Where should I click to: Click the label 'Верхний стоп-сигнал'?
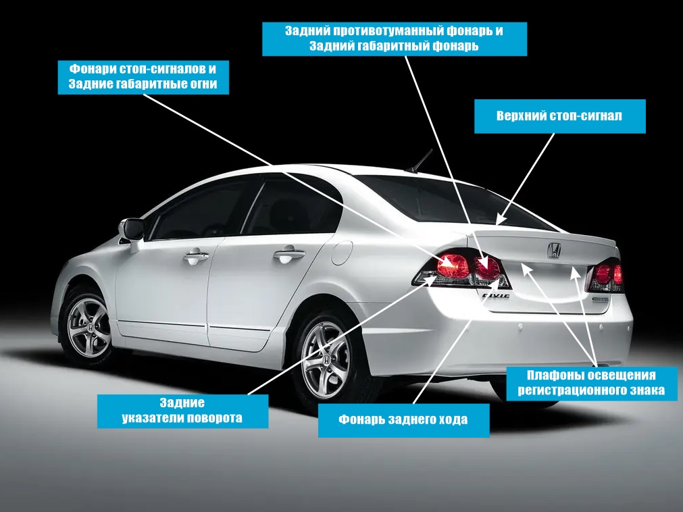560,116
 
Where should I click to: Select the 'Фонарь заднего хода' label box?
403,419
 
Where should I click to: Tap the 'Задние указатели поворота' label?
182,411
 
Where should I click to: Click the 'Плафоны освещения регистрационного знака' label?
592,382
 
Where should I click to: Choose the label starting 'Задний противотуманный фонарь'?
394,39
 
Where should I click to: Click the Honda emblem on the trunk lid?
553,250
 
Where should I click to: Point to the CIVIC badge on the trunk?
495,295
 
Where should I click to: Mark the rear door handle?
288,255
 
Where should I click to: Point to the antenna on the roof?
423,160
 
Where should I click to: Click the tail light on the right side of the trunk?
605,275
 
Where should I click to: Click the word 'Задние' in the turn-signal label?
182,403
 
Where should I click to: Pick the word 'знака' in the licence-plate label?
647,390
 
